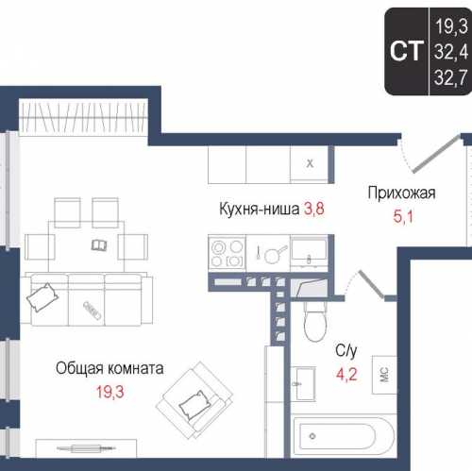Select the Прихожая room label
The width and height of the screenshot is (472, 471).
coord(401,194)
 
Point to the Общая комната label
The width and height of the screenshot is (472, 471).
coord(110,367)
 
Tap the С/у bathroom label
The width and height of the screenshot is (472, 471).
coord(346,350)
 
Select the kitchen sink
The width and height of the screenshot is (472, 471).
coord(309,251)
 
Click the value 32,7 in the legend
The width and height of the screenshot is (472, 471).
coord(449,79)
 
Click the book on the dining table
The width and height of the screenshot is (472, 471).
coord(99,246)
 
